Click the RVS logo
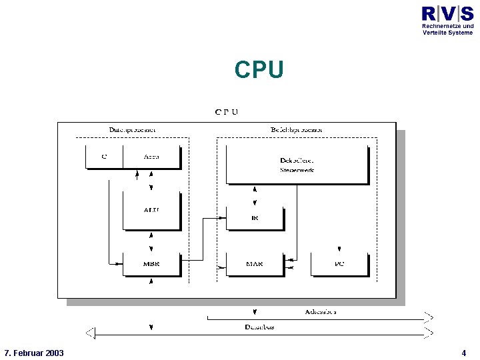[x=447, y=13]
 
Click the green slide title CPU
[x=259, y=69]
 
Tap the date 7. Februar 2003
[x=33, y=352]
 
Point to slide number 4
[x=463, y=352]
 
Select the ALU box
[x=151, y=210]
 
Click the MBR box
[x=151, y=264]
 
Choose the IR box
[x=255, y=218]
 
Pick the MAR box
[x=255, y=264]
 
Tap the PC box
[x=339, y=264]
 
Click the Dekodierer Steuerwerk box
[x=297, y=165]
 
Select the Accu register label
[x=151, y=157]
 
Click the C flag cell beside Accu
[x=104, y=157]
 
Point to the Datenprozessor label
[x=133, y=129]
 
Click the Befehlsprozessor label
[x=297, y=129]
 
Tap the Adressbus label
[x=321, y=311]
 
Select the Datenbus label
[x=259, y=327]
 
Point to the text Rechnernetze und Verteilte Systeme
[x=447, y=29]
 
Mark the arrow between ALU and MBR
[x=152, y=241]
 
